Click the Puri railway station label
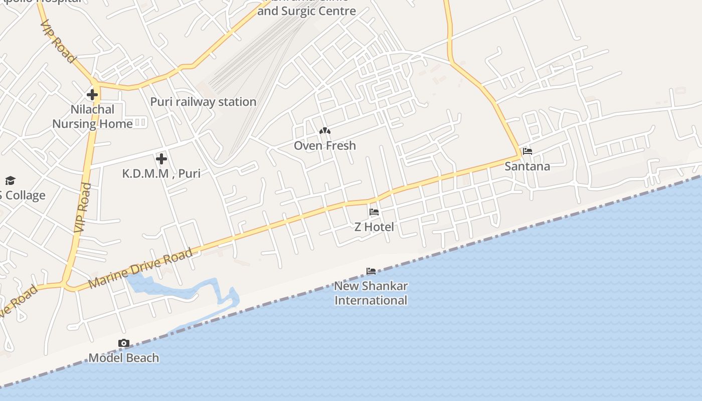pos(203,102)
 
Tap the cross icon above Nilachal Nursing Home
pos(92,94)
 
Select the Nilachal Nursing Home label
pos(93,116)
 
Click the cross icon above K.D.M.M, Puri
pos(161,159)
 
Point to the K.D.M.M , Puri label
pos(161,173)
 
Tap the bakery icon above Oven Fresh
pos(325,131)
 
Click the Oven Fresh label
pos(325,145)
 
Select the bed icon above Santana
pos(527,151)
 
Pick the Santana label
pos(527,166)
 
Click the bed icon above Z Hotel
pos(374,212)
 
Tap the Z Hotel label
pos(374,227)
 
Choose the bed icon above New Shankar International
pos(371,271)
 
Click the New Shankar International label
pos(371,293)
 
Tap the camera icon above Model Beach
pos(123,343)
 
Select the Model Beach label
pos(123,358)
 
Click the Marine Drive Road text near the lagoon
pos(140,268)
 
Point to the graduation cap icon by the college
pos(10,181)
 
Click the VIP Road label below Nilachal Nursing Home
pos(83,207)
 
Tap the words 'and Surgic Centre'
pos(306,11)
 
